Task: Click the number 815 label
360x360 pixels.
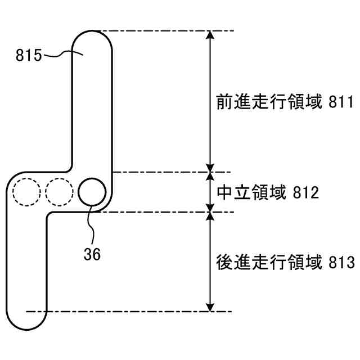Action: [x=28, y=55]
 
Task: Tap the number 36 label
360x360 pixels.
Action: [x=92, y=254]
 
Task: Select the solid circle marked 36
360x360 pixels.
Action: [x=92, y=192]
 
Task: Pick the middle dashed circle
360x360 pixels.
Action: [x=60, y=192]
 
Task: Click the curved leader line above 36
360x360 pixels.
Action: [x=91, y=225]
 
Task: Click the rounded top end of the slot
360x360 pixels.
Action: [x=92, y=35]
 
